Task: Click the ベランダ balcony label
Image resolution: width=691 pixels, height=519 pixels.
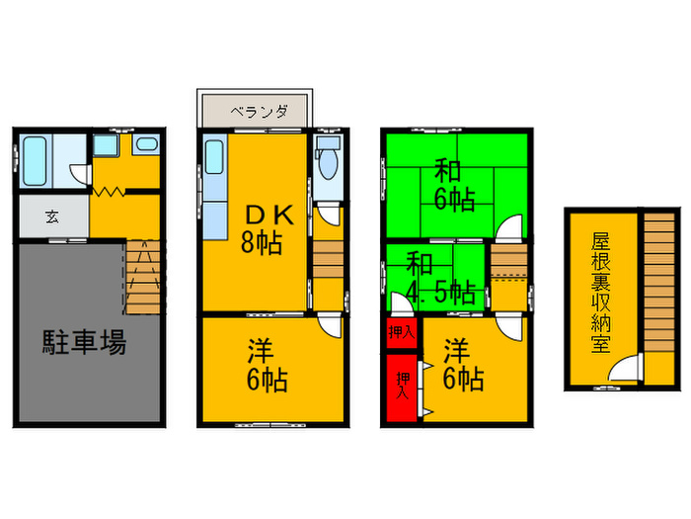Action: pos(259,112)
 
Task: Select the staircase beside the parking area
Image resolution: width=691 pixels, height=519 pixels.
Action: pos(143,278)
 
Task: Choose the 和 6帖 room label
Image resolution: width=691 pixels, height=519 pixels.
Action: pos(451,185)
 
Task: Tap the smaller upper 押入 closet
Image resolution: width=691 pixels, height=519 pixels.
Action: pos(401,332)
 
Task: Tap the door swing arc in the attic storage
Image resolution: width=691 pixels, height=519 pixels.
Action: pos(623,372)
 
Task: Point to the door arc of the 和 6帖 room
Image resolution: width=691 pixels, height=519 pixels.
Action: pos(507,230)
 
